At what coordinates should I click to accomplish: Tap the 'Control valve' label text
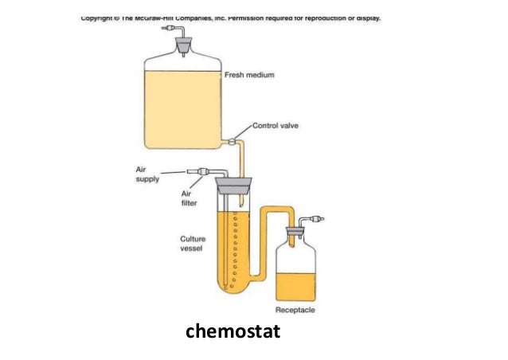(275, 125)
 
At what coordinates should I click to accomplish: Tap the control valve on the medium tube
(233, 143)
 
